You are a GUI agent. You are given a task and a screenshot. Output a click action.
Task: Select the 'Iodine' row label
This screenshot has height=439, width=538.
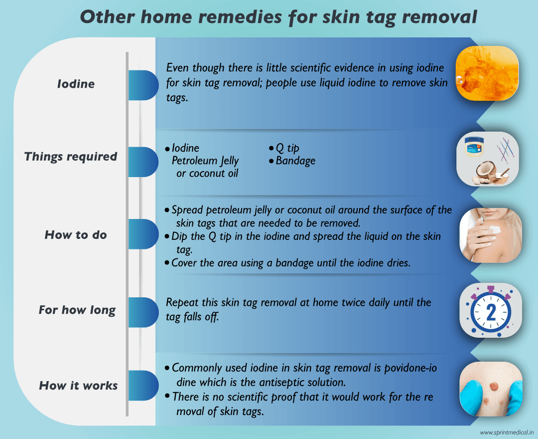76,84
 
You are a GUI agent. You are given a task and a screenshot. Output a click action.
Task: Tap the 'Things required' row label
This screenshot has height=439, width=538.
71,157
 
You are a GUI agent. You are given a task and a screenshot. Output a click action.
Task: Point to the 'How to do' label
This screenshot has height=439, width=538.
76,235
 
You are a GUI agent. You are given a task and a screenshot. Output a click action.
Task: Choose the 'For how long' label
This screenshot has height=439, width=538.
77,310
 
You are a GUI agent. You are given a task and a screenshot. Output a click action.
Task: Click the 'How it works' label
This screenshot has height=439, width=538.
79,386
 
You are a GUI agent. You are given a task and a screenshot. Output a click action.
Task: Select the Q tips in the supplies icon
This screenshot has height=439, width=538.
505,149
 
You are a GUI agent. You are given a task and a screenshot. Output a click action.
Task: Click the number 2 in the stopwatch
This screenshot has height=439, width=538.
491,313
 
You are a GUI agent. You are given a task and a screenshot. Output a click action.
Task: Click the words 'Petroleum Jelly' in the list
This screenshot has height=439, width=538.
205,161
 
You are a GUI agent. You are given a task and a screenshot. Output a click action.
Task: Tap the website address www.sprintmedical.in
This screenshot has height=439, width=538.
507,433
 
